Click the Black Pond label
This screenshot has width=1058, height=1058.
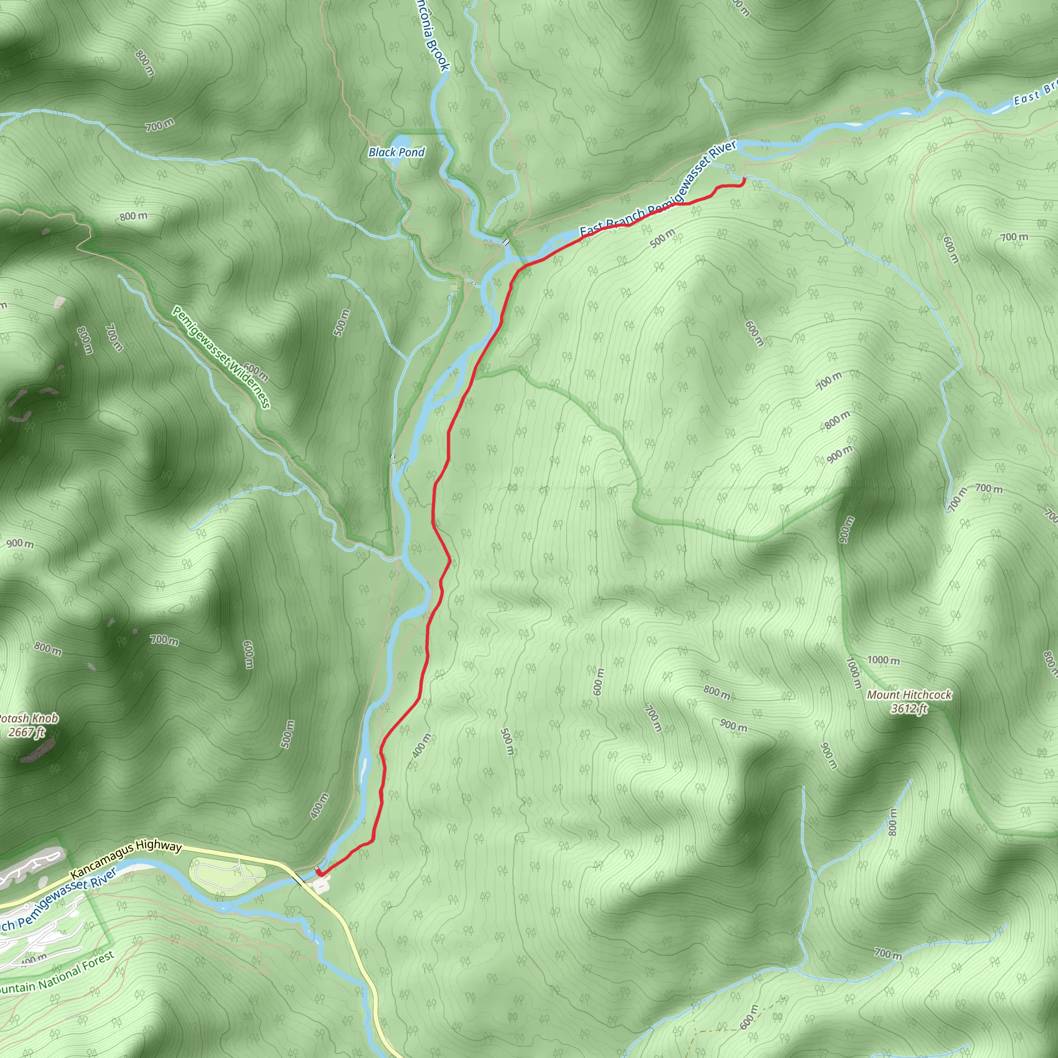pyautogui.click(x=396, y=152)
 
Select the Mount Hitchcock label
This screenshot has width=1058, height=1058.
pyautogui.click(x=909, y=695)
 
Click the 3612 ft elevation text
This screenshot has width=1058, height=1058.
pyautogui.click(x=909, y=709)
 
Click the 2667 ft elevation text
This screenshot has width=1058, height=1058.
pyautogui.click(x=26, y=732)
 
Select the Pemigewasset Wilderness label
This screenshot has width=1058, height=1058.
pyautogui.click(x=221, y=357)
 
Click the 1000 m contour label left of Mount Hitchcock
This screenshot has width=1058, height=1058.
pyautogui.click(x=883, y=660)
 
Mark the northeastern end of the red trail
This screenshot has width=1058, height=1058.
pyautogui.click(x=744, y=179)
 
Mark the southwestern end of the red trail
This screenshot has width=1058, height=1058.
pyautogui.click(x=319, y=872)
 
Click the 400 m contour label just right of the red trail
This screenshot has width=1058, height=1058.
pyautogui.click(x=421, y=745)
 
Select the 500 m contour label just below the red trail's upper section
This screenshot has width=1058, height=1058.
pyautogui.click(x=663, y=239)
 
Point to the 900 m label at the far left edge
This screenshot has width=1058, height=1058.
pyautogui.click(x=20, y=544)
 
